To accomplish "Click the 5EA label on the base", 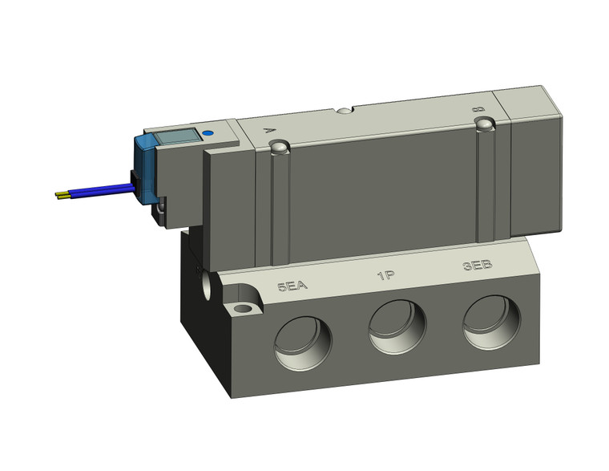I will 292,286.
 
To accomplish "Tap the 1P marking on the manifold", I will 386,278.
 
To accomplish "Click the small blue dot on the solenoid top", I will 209,134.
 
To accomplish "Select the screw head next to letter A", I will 277,148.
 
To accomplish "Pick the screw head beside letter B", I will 483,124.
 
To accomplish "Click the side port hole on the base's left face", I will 210,283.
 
